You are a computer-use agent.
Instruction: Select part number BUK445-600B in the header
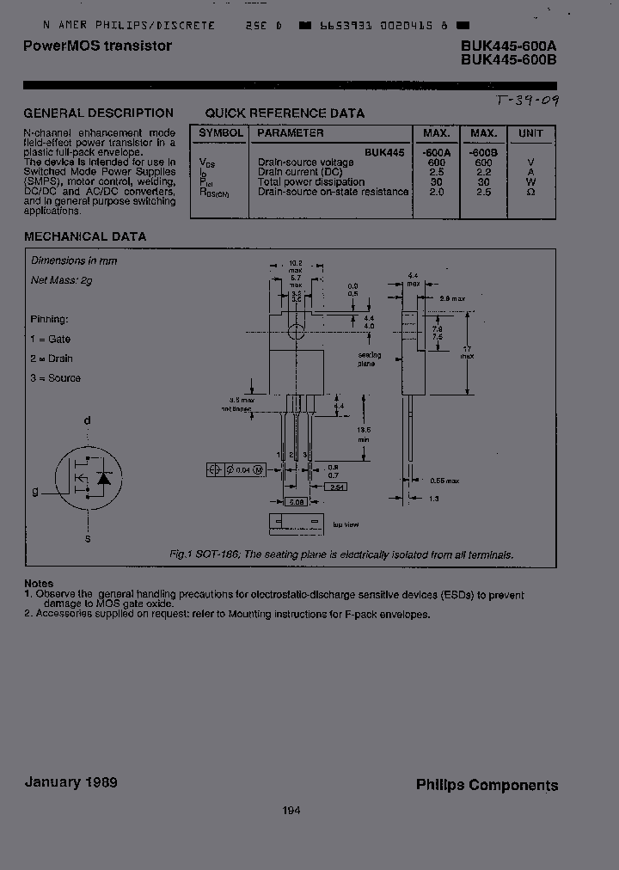click(508, 60)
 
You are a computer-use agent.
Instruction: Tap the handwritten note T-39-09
click(527, 101)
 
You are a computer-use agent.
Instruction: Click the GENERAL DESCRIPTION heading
click(98, 113)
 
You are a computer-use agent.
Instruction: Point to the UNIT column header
click(530, 133)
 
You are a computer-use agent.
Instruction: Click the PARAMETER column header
click(291, 133)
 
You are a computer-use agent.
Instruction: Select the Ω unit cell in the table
click(530, 192)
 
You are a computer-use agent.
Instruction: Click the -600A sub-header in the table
click(437, 151)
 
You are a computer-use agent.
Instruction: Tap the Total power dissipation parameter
click(311, 181)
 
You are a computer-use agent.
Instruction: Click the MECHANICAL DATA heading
click(85, 236)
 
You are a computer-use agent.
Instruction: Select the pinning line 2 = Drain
click(52, 358)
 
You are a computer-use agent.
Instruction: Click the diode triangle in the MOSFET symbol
click(104, 477)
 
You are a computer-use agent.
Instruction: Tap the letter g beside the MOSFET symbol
click(35, 492)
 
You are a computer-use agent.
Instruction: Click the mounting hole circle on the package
click(296, 331)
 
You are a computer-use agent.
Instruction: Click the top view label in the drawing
click(346, 524)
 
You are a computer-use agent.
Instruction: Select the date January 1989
click(71, 782)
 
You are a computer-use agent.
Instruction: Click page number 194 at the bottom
click(291, 810)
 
